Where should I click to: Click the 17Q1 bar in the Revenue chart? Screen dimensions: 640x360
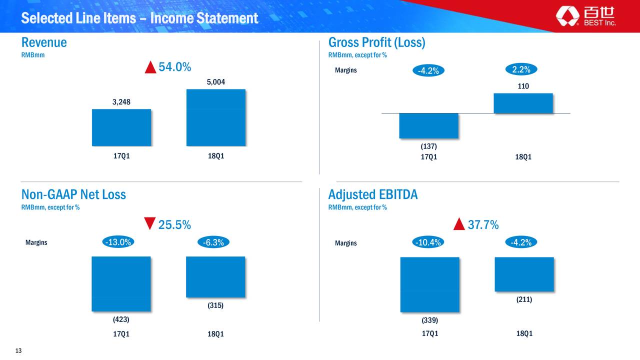pos(121,127)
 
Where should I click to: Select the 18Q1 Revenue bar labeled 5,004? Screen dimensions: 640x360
pos(216,117)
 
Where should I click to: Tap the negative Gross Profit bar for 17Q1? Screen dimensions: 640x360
pos(429,126)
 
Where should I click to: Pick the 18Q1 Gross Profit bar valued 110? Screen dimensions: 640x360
pos(523,103)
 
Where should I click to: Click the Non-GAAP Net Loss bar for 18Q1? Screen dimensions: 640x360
pos(215,277)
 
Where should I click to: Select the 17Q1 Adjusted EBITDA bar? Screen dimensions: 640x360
pos(429,284)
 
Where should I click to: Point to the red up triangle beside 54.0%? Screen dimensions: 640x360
pos(150,67)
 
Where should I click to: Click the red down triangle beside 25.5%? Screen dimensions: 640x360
pos(149,223)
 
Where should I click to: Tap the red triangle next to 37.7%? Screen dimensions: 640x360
pos(459,223)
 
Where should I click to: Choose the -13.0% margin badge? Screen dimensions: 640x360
pos(118,242)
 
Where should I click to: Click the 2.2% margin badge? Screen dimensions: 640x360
pos(521,69)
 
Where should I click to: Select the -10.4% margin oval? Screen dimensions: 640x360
pos(428,242)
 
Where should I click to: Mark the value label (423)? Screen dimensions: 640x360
pos(121,319)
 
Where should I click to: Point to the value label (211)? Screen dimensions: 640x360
pos(524,299)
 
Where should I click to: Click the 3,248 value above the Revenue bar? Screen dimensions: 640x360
pos(121,102)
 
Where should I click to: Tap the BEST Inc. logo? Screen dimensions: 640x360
pos(585,16)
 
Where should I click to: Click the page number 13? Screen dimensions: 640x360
pos(18,350)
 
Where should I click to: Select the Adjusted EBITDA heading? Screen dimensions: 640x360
pos(373,194)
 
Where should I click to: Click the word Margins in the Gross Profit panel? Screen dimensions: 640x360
pos(345,70)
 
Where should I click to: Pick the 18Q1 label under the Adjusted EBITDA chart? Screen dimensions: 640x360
pos(524,333)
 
